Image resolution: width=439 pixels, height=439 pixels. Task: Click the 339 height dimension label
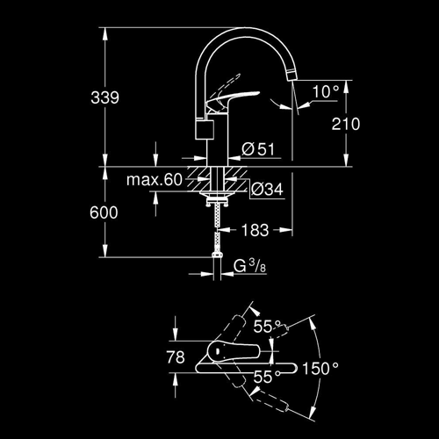tap(104, 97)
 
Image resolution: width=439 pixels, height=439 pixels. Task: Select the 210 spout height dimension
tap(346, 124)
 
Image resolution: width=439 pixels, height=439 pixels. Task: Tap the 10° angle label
tap(326, 91)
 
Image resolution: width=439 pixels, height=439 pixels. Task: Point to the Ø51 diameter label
tap(258, 149)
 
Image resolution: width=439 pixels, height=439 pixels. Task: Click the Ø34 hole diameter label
tap(267, 189)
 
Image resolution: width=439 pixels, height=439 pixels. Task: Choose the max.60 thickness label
tap(155, 179)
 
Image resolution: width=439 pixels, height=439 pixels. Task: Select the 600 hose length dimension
tap(104, 212)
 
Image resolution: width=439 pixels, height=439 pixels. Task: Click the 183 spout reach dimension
tap(255, 230)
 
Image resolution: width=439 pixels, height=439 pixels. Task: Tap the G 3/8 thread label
tap(249, 266)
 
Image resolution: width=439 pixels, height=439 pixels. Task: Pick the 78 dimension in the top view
tap(176, 357)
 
